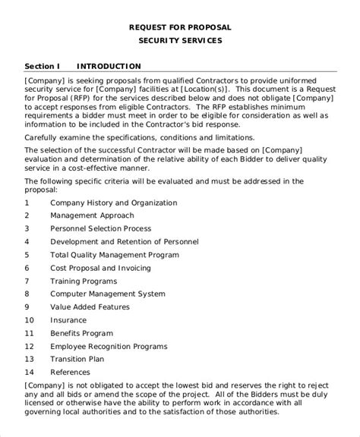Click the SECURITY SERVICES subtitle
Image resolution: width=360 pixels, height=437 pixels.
click(x=180, y=42)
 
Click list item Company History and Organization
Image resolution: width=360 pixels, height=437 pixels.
click(x=113, y=203)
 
